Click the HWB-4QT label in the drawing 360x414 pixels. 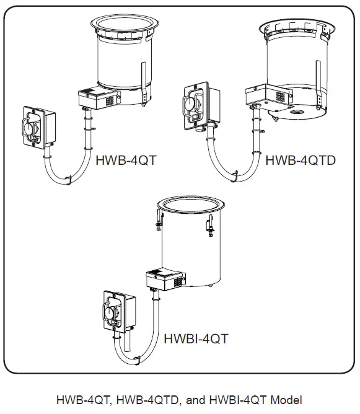click(x=126, y=161)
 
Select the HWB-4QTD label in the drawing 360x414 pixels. click(x=301, y=161)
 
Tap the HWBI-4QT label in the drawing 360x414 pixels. click(x=196, y=339)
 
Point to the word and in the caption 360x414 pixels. click(x=195, y=400)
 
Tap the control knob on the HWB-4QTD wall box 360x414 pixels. click(x=193, y=102)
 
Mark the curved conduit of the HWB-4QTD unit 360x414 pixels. click(x=232, y=167)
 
